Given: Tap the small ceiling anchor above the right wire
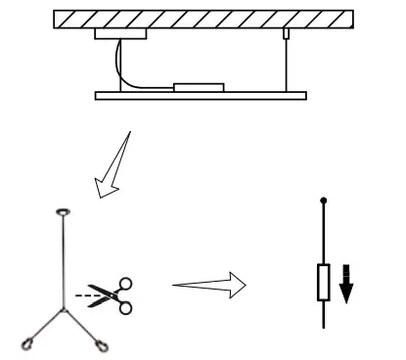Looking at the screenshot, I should click(286, 34).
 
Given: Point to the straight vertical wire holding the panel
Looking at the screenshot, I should click(286, 64).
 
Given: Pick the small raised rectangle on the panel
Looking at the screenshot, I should click(200, 87).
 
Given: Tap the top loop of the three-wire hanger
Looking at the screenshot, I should click(65, 210).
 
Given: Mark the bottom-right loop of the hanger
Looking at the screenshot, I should click(102, 343).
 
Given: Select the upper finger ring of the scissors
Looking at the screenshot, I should click(125, 285).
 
